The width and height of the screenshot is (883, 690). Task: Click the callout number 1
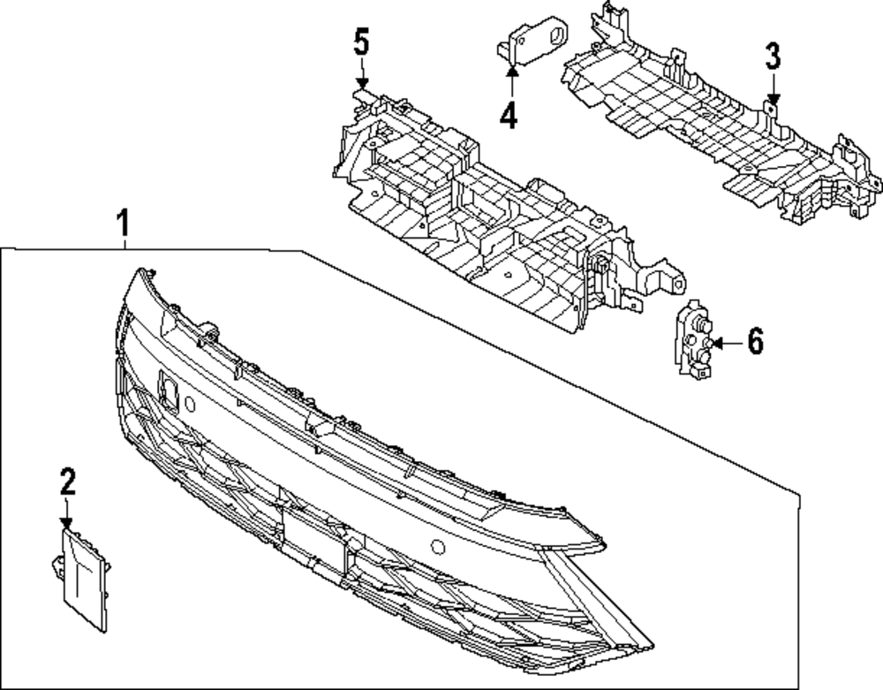(125, 222)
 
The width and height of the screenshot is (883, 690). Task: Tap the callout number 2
(68, 481)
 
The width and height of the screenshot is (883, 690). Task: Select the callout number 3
(773, 57)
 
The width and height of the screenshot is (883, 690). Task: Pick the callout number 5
(361, 43)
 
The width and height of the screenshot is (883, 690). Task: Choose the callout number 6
(756, 342)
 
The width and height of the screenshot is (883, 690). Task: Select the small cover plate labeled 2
(85, 579)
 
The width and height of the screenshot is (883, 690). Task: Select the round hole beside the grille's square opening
(190, 404)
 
